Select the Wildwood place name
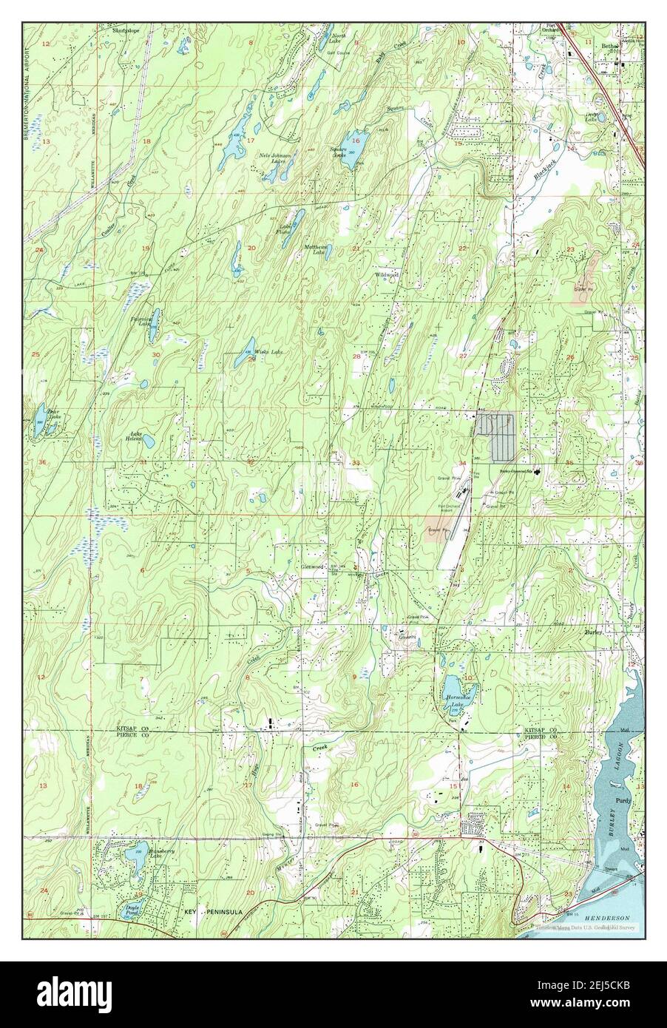(x=387, y=274)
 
